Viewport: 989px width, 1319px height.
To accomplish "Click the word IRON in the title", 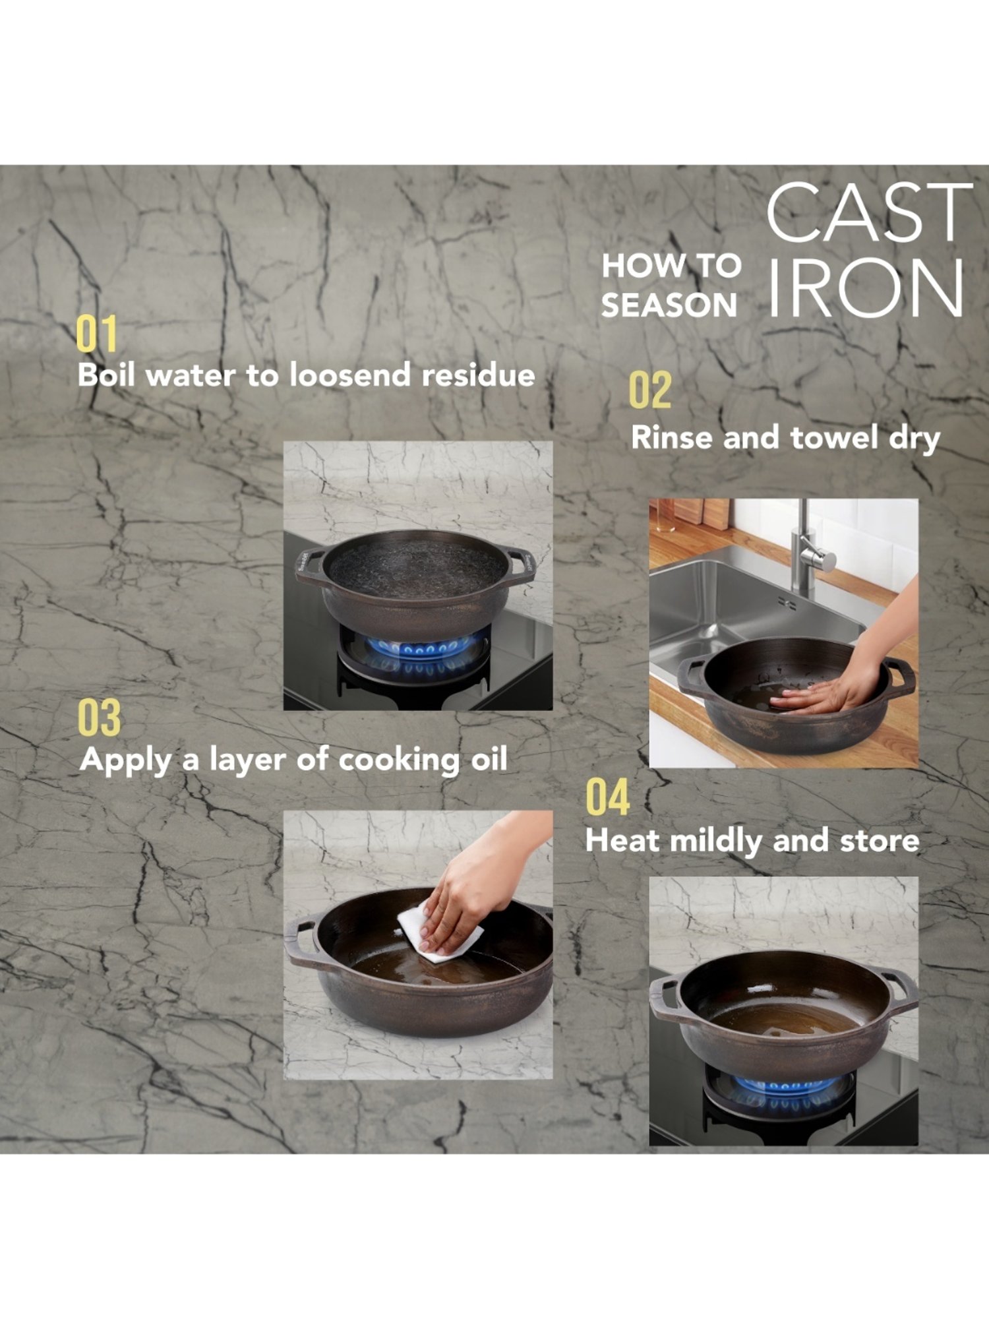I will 866,288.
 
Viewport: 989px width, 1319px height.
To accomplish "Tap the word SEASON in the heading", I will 669,305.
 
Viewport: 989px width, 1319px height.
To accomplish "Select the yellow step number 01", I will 96,334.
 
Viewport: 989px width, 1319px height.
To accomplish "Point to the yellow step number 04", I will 607,797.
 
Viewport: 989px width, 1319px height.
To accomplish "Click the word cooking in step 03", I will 400,760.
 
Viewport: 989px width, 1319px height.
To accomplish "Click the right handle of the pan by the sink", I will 899,675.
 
